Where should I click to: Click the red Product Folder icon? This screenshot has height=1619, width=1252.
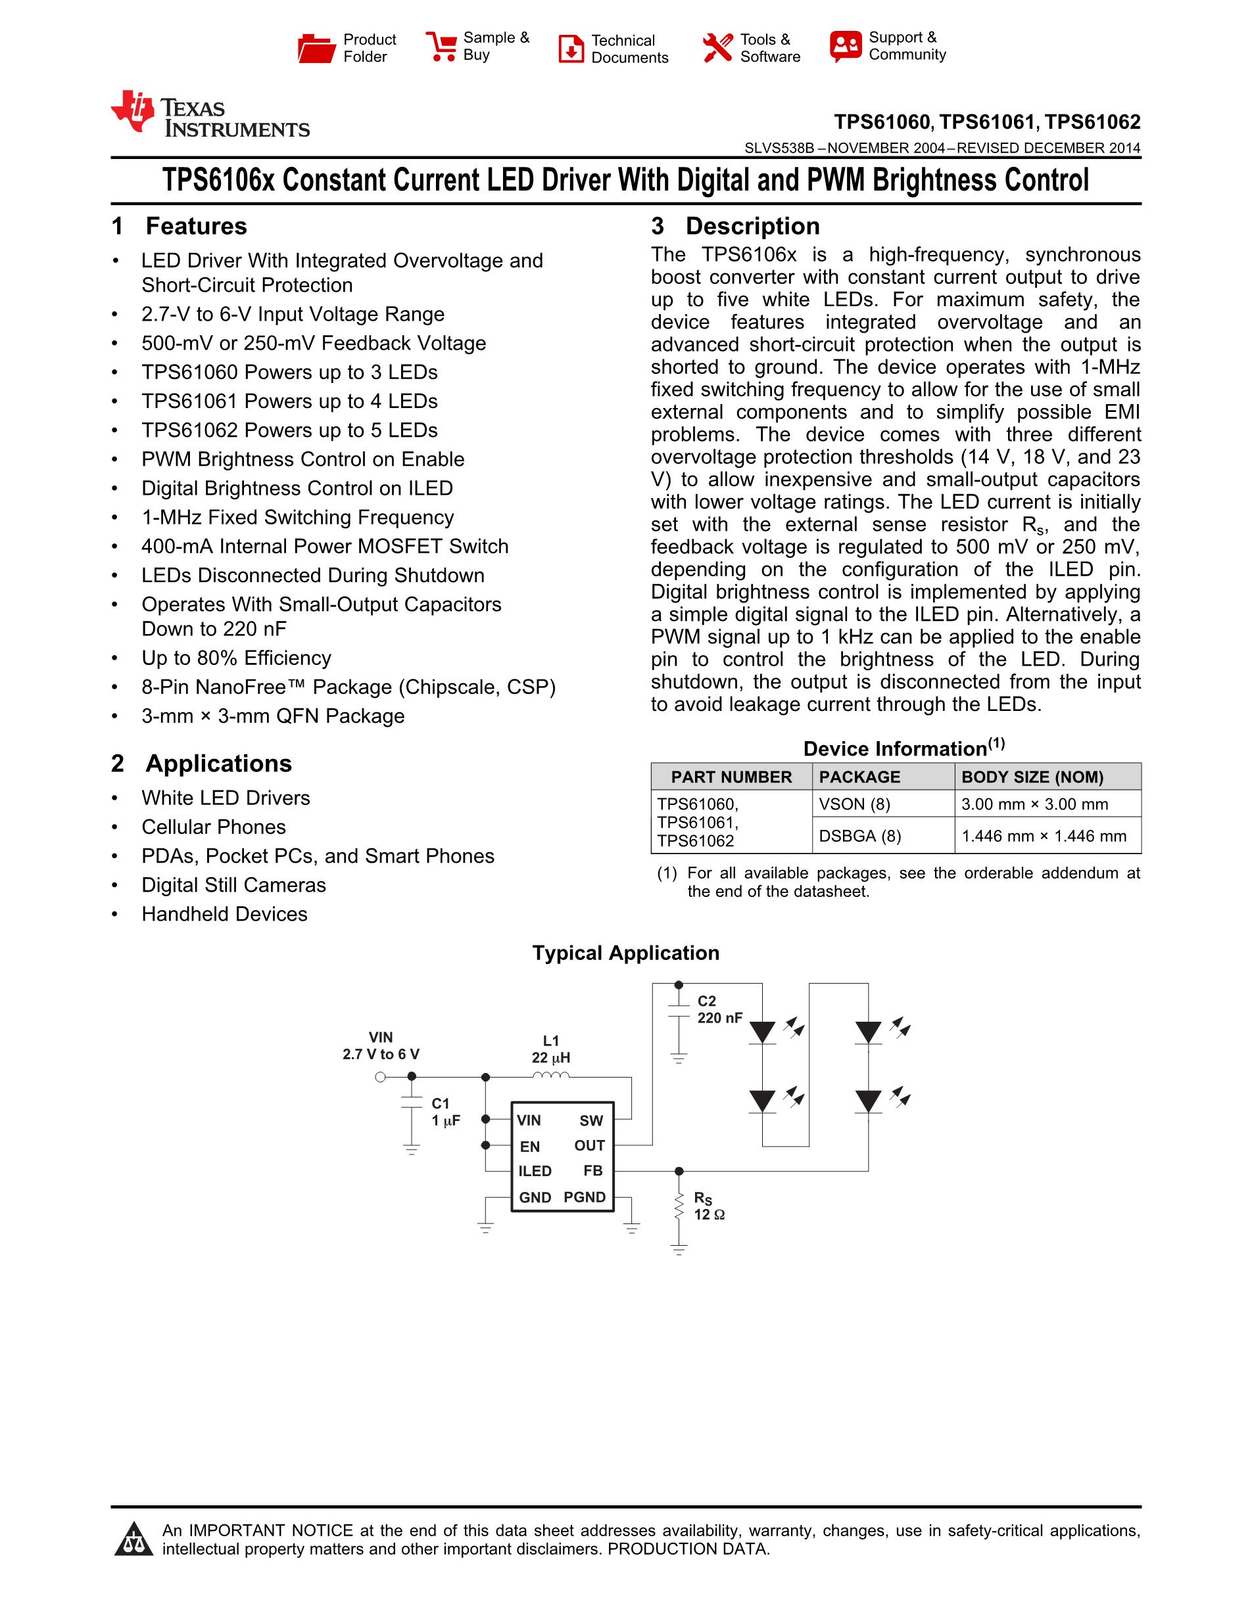(x=316, y=48)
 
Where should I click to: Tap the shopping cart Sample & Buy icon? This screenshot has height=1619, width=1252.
(x=441, y=46)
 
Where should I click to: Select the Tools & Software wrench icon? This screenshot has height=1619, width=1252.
(x=717, y=48)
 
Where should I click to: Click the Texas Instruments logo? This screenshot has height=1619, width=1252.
(x=210, y=115)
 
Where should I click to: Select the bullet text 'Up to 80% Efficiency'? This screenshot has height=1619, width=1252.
(x=236, y=658)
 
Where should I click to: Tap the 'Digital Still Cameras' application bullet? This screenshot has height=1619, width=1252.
(x=233, y=885)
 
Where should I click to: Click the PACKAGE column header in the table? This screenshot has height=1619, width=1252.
(x=859, y=777)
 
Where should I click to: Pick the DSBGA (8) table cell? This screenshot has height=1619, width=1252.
(x=859, y=836)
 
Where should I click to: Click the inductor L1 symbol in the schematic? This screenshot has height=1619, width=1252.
(x=551, y=1076)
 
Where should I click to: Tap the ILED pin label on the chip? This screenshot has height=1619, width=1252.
(x=535, y=1172)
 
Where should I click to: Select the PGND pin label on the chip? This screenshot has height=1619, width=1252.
(x=585, y=1197)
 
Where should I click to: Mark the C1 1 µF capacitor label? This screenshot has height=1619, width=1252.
(x=446, y=1112)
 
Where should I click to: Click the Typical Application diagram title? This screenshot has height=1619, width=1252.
(x=625, y=953)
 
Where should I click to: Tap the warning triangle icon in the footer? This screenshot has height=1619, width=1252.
(x=133, y=1539)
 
